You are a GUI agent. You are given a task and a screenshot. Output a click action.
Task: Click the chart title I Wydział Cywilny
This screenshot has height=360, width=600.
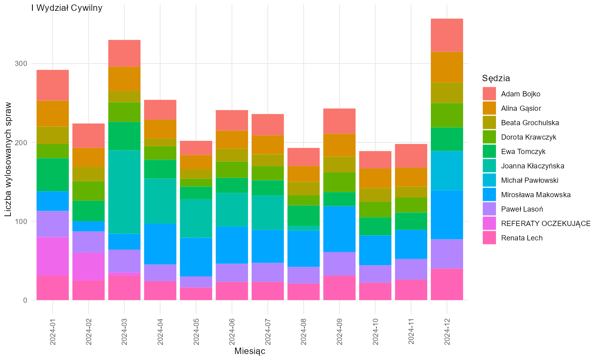click(x=67, y=8)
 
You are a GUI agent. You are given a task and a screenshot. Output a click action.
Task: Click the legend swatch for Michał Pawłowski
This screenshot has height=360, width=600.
click(x=489, y=180)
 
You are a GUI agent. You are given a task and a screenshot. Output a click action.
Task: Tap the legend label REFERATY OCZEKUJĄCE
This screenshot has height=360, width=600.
click(x=546, y=224)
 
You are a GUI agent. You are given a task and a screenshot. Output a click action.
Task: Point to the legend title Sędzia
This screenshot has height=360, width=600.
click(x=496, y=78)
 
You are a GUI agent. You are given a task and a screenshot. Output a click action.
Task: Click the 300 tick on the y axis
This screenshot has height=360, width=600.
click(x=21, y=64)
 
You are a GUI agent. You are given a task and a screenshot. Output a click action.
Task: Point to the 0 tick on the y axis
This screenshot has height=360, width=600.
click(x=25, y=300)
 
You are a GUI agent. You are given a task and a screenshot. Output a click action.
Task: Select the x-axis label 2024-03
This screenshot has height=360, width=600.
click(x=124, y=332)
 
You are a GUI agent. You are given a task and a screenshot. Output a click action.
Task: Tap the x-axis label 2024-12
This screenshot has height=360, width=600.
click(x=447, y=332)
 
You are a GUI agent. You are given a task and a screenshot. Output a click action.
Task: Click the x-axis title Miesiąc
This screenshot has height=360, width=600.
click(x=250, y=351)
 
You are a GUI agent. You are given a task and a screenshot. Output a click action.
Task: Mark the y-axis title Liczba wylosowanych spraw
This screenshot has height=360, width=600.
click(x=8, y=159)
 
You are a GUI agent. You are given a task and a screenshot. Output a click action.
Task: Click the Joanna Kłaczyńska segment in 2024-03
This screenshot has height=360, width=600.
click(x=124, y=192)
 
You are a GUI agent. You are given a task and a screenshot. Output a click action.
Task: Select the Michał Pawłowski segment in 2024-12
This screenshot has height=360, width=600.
click(x=447, y=171)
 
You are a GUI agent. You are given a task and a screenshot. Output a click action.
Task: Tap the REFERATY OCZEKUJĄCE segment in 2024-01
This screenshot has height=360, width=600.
click(x=53, y=256)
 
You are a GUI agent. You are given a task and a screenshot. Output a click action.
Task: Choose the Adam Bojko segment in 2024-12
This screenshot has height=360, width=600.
click(x=447, y=35)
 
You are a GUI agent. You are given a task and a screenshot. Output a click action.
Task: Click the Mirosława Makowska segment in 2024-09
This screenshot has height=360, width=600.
click(x=339, y=229)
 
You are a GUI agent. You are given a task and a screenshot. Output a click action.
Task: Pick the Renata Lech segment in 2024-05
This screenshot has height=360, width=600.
click(x=196, y=294)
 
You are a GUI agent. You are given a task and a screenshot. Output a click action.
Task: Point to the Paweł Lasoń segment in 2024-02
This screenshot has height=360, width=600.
click(x=89, y=242)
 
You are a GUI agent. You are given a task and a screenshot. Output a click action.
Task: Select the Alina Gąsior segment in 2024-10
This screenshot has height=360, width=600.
click(x=375, y=178)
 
